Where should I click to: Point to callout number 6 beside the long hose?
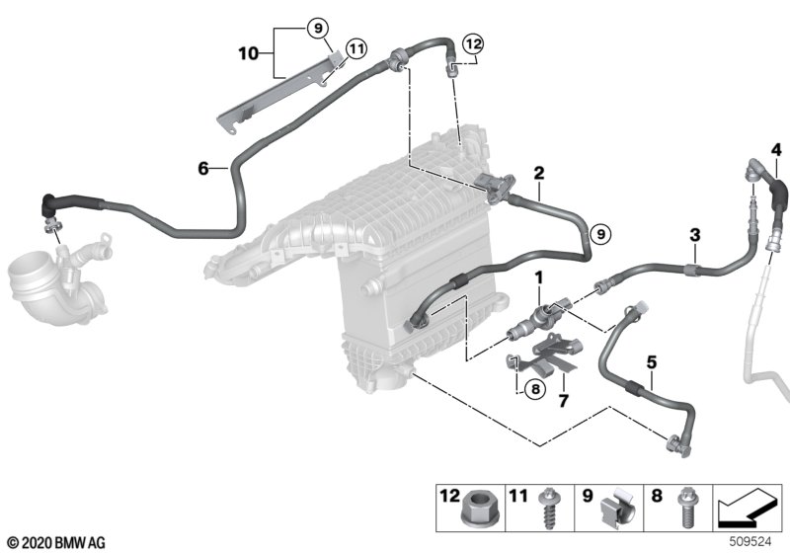202,169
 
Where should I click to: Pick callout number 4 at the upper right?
776,150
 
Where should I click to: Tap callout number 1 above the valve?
538,279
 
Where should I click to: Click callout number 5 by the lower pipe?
651,362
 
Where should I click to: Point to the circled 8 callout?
534,389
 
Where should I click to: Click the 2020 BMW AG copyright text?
55,542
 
